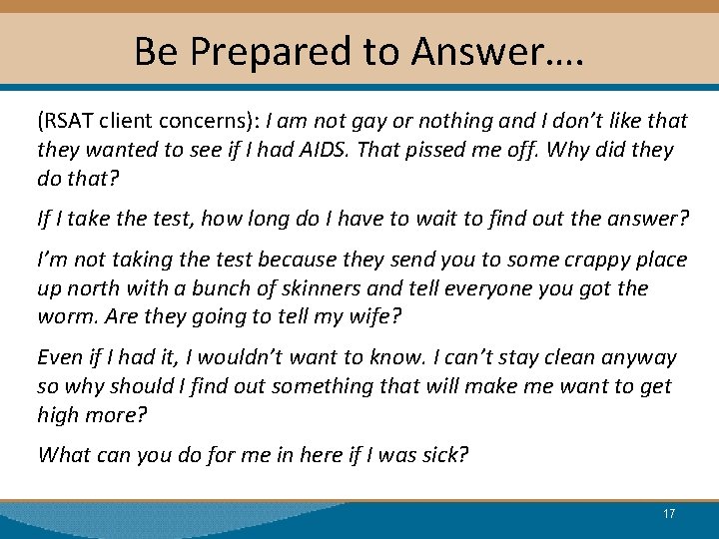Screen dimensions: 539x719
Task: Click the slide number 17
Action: (669, 514)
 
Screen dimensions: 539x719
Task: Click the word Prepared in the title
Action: (254, 51)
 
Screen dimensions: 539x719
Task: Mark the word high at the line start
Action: (59, 415)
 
